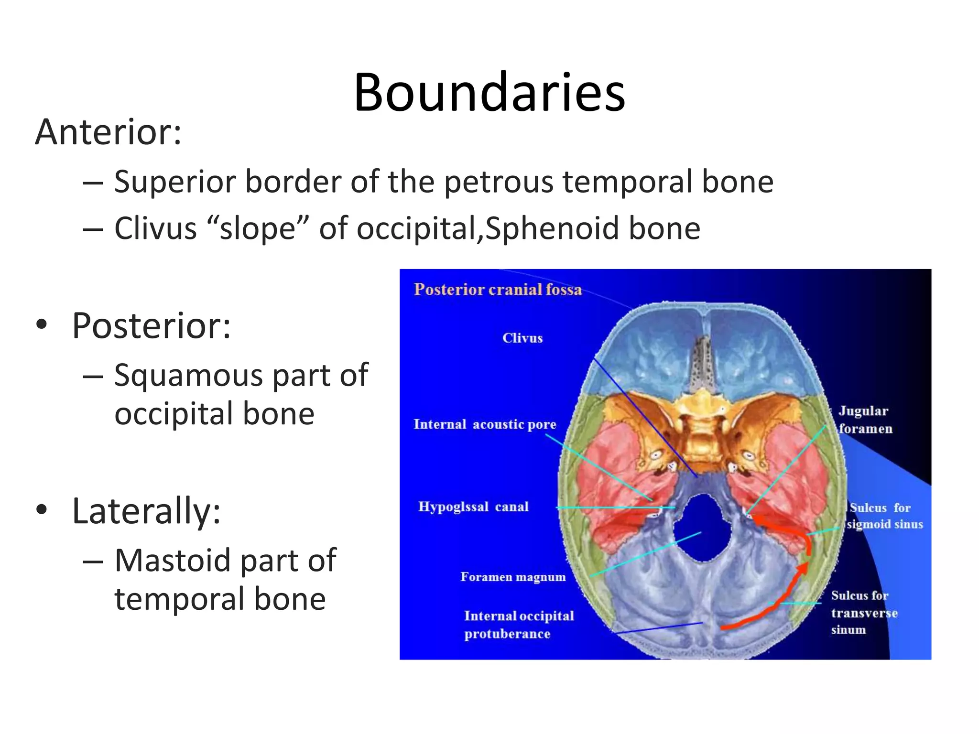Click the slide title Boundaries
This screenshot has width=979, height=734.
click(x=489, y=92)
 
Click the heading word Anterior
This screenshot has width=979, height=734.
click(x=108, y=132)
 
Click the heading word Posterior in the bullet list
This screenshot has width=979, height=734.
click(x=151, y=326)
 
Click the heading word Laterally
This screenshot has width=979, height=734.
click(x=146, y=511)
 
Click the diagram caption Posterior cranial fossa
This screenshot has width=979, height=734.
click(x=498, y=290)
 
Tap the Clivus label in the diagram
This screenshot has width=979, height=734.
click(x=522, y=338)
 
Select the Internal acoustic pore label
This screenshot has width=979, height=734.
click(x=485, y=424)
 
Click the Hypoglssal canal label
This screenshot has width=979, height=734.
click(x=473, y=507)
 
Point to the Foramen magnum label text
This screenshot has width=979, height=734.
click(x=513, y=577)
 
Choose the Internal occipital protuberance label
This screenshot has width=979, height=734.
click(x=519, y=625)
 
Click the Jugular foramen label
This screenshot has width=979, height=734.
click(x=865, y=420)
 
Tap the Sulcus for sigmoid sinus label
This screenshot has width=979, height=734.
click(x=884, y=516)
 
